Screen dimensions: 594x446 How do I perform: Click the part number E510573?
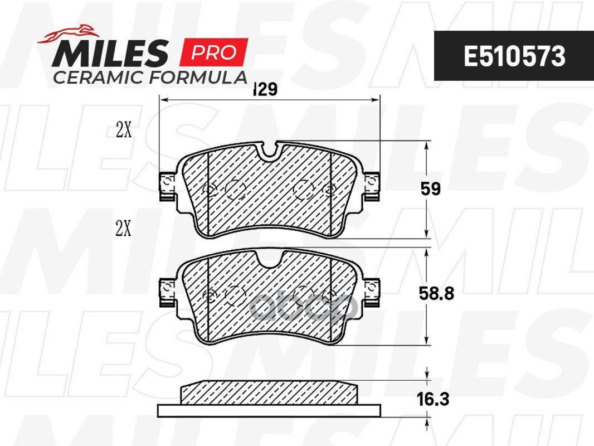514,56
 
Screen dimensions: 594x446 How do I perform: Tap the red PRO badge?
213,52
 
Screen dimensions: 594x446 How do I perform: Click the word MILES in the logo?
110,53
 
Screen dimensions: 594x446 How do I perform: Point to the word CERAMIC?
99,77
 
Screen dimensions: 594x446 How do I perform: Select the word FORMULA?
198,77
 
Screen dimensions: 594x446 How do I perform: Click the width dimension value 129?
266,89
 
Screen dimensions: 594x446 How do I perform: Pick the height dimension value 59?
431,188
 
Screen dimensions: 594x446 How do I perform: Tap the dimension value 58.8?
436,293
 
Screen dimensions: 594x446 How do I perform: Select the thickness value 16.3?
433,399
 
